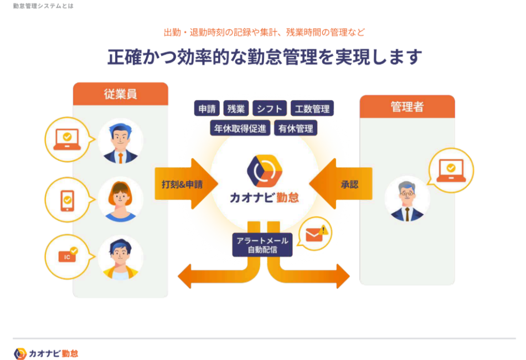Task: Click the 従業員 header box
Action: (120, 94)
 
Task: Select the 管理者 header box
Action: (407, 107)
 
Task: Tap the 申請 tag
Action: (208, 109)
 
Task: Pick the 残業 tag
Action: (236, 109)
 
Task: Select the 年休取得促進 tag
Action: (240, 128)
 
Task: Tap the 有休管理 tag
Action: (295, 128)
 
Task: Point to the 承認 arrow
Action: (342, 184)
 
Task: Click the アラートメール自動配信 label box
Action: (262, 245)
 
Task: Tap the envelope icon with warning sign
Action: (316, 234)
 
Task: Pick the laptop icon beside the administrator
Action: (451, 171)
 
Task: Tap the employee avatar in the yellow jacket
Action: (120, 258)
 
